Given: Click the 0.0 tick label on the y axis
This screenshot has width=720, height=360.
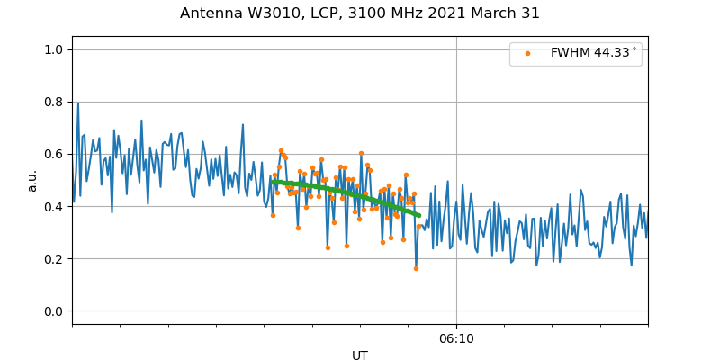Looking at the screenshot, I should pyautogui.click(x=55, y=311).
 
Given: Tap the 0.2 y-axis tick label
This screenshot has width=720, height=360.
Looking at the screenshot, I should pyautogui.click(x=55, y=259).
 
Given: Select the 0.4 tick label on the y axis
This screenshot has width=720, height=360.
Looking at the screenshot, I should pyautogui.click(x=55, y=207).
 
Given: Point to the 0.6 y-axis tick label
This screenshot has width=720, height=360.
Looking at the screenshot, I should pyautogui.click(x=55, y=155).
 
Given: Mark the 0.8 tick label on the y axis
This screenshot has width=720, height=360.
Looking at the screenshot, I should pyautogui.click(x=55, y=102).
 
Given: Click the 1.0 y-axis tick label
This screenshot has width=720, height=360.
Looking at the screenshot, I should pyautogui.click(x=55, y=49).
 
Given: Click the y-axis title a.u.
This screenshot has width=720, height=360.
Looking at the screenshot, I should pyautogui.click(x=32, y=180).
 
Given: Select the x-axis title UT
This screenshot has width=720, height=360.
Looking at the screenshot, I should pyautogui.click(x=360, y=355).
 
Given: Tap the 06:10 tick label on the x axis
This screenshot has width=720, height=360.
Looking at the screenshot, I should pyautogui.click(x=456, y=339).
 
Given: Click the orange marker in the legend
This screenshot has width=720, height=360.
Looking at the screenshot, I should pyautogui.click(x=527, y=54).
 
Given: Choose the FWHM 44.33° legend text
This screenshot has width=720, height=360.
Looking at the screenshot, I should pyautogui.click(x=593, y=53).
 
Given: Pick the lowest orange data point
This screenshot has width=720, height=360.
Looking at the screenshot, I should pyautogui.click(x=416, y=268).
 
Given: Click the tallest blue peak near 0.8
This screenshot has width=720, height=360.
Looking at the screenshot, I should pyautogui.click(x=78, y=103).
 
